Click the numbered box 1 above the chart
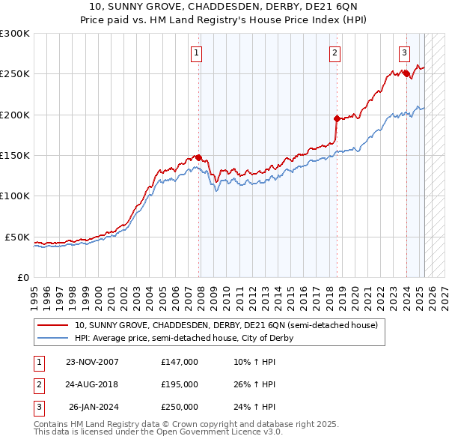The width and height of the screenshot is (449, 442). pos(196,52)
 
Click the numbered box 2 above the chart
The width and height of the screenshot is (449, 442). pos(334,52)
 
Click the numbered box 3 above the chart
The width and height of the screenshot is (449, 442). pos(404,52)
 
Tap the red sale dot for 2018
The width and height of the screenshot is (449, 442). pos(337,118)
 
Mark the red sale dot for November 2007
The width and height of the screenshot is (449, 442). pos(199,157)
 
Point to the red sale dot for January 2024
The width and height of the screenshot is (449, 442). pos(406,73)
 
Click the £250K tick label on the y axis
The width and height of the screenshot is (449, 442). pos(15,74)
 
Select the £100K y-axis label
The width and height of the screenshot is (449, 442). pos(15,196)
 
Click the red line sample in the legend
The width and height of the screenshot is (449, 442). pos(53,326)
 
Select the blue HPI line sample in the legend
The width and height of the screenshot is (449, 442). pos(53,338)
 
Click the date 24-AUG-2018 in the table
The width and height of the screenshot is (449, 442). pos(92,384)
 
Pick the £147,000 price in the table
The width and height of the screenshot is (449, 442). pos(179,362)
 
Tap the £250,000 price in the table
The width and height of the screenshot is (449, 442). pos(179,408)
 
